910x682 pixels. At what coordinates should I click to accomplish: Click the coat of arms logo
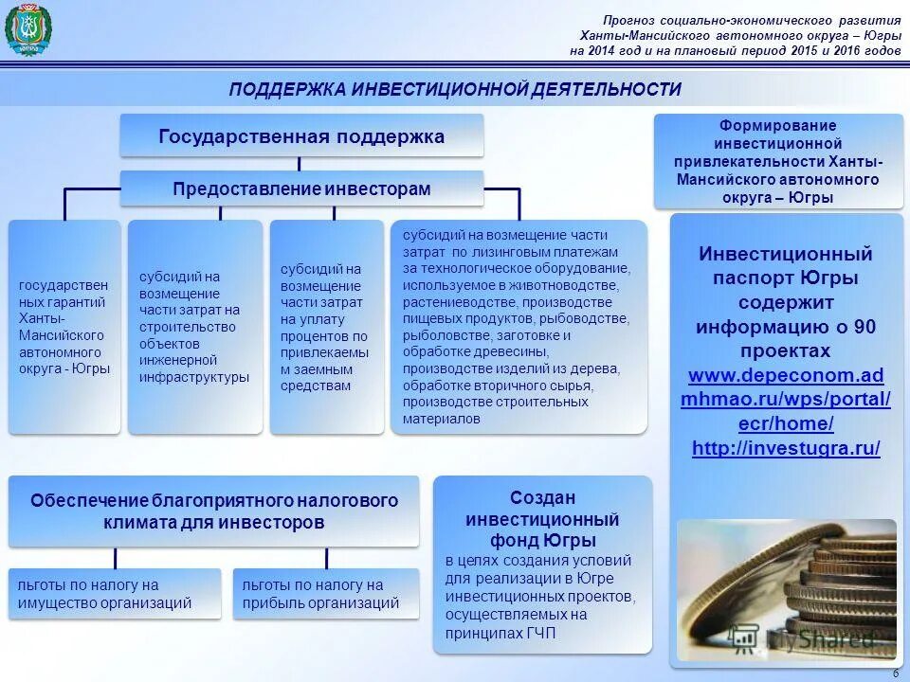tap(27, 30)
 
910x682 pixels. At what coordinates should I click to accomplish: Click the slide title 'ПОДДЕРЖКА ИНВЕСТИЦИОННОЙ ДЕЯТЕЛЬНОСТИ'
tap(455, 89)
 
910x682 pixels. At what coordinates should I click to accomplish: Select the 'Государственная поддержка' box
tap(301, 135)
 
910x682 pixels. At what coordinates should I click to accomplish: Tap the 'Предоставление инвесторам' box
tap(301, 188)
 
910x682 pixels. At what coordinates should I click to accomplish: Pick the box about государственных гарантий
tap(64, 327)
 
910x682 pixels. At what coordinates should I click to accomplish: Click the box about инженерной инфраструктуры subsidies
tap(194, 327)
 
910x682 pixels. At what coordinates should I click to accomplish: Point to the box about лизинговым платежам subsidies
tap(519, 327)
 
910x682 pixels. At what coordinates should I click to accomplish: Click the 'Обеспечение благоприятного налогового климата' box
tap(213, 511)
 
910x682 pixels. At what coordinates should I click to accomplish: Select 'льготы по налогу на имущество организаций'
tap(114, 594)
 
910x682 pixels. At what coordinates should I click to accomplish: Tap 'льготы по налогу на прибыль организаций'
tap(325, 594)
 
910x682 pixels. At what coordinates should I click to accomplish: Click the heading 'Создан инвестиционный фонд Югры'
tap(542, 519)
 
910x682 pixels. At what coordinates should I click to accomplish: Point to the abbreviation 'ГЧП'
tap(540, 633)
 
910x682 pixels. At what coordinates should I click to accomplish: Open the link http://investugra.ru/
tap(786, 448)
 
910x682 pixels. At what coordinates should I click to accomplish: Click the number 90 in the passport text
tap(864, 327)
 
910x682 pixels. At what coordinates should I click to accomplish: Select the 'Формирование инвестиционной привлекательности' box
tap(777, 162)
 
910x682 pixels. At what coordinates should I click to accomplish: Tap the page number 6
tap(896, 673)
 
